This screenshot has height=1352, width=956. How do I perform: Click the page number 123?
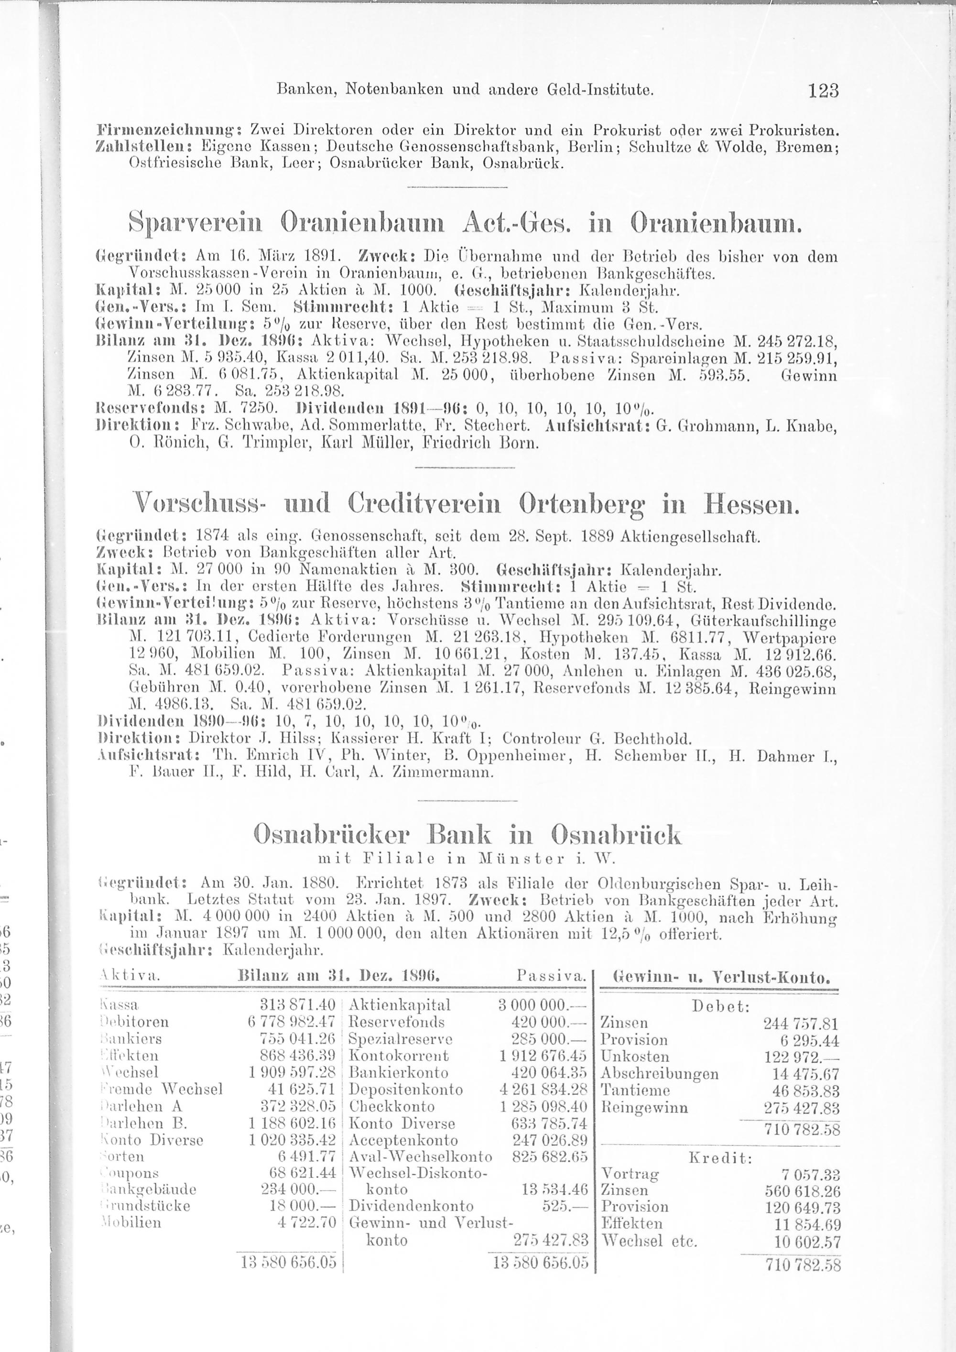pos(823,91)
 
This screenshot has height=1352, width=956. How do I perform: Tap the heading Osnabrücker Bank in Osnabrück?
pos(467,835)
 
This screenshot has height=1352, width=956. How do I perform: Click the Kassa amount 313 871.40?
pos(297,1004)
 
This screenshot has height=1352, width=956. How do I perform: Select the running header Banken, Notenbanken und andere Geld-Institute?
pos(465,91)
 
